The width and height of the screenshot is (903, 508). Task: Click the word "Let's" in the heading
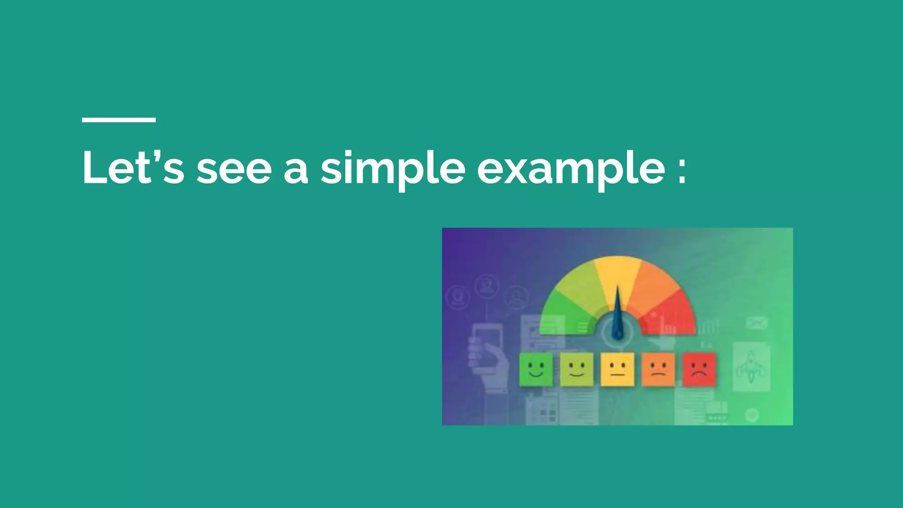click(x=133, y=168)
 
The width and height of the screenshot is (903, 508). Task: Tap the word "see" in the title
click(x=234, y=169)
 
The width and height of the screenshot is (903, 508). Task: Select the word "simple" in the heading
click(x=392, y=170)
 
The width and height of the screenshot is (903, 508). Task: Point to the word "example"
click(x=571, y=170)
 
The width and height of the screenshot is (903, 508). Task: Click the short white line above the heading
click(x=119, y=120)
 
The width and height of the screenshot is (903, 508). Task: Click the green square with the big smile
click(x=536, y=369)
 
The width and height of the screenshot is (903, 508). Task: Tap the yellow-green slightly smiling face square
click(x=577, y=369)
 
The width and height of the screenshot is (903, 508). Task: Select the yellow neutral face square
click(x=617, y=369)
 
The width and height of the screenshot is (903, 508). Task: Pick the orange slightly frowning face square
click(x=658, y=369)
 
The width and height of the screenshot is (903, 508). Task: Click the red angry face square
click(x=699, y=369)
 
